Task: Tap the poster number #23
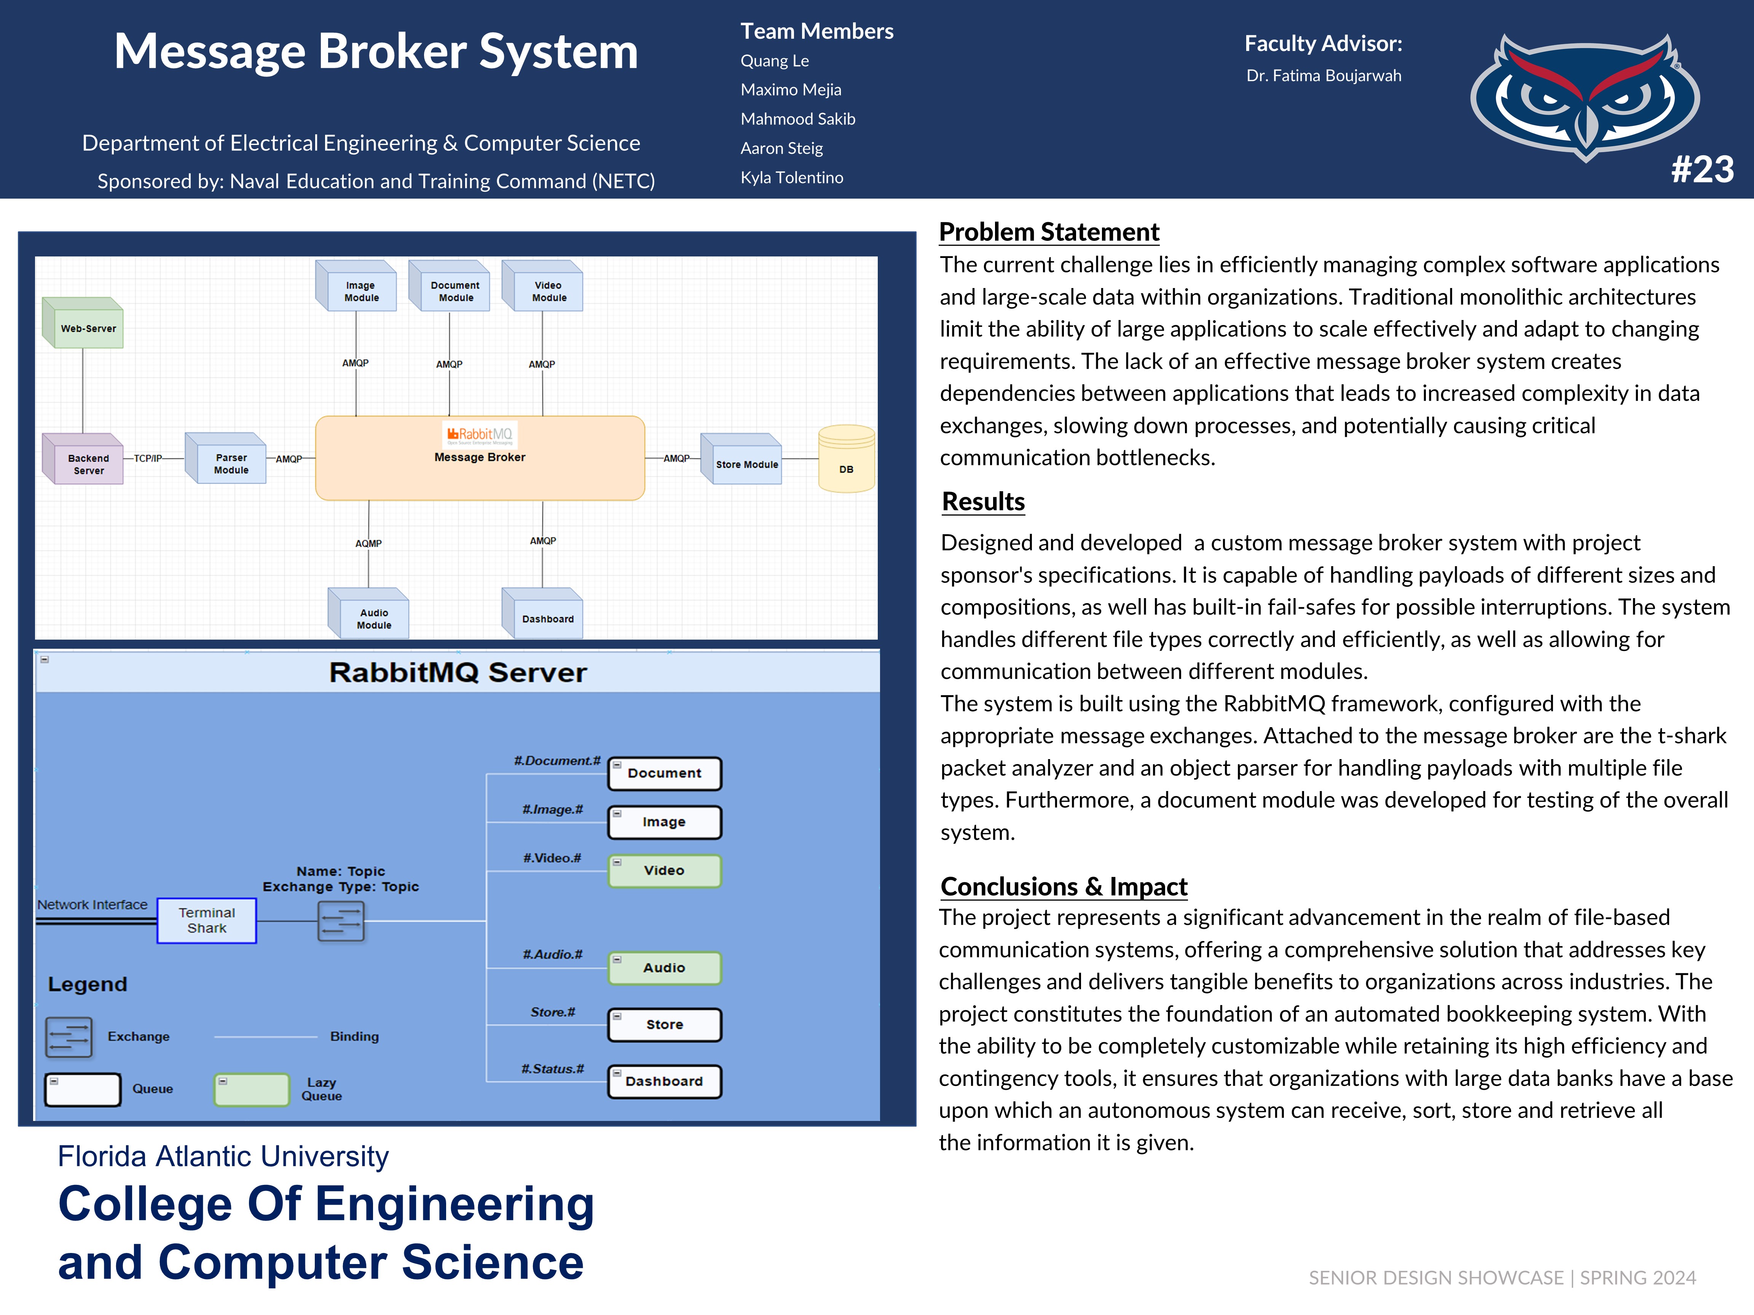pyautogui.click(x=1702, y=169)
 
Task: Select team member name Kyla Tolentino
pyautogui.click(x=791, y=178)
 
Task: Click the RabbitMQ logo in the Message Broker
pyautogui.click(x=480, y=435)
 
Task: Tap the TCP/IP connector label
pyautogui.click(x=147, y=458)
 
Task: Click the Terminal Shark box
pyautogui.click(x=207, y=920)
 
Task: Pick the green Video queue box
pyautogui.click(x=665, y=870)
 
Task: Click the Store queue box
pyautogui.click(x=665, y=1024)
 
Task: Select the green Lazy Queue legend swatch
pyautogui.click(x=251, y=1089)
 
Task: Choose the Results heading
pyautogui.click(x=983, y=502)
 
